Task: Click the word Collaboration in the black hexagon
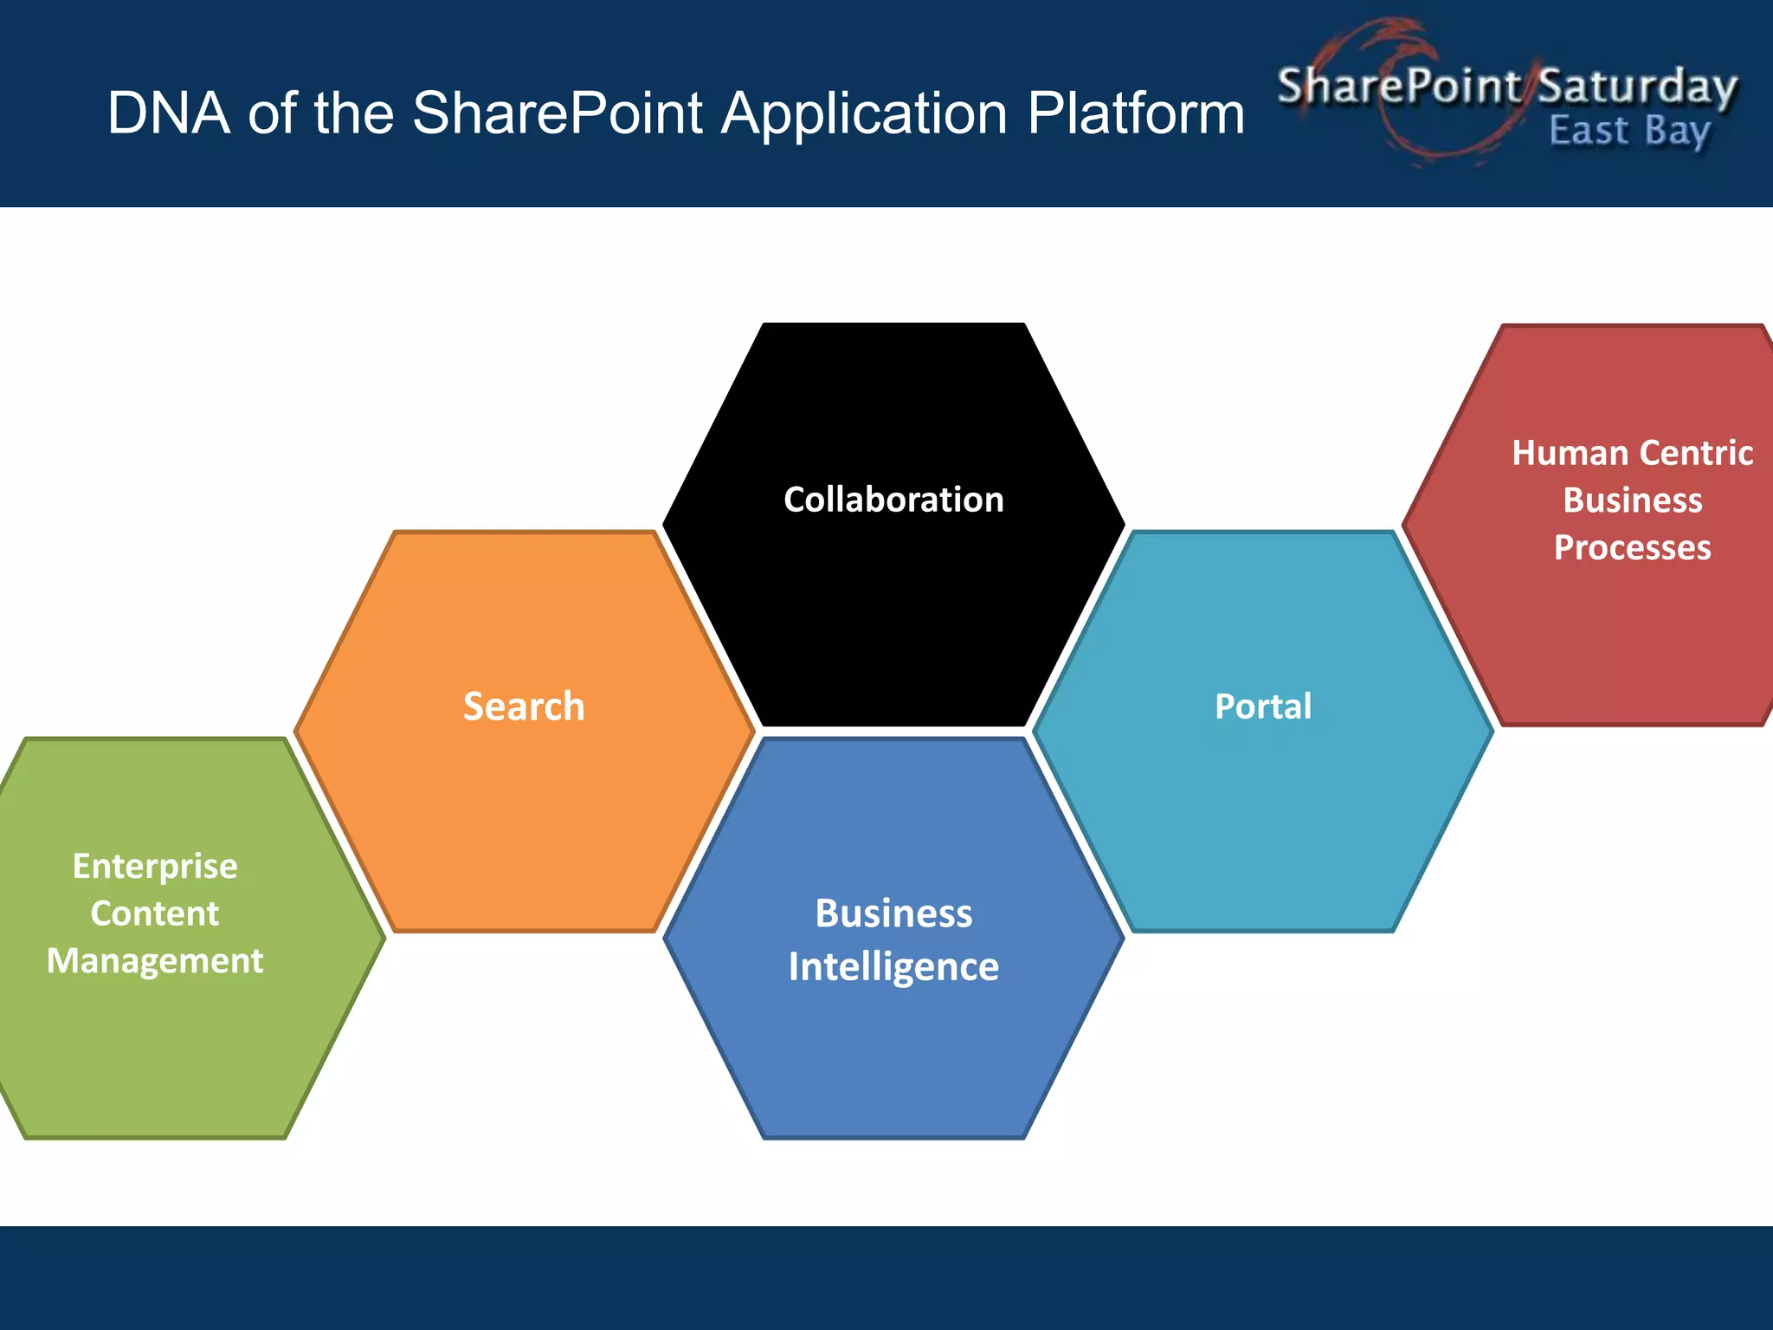[x=893, y=500]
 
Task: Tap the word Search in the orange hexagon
[x=524, y=707]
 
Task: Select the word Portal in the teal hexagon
[x=1263, y=707]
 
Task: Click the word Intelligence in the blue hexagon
[x=893, y=966]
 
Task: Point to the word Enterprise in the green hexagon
[x=155, y=866]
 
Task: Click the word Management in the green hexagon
[x=155, y=961]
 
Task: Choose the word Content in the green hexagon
[x=155, y=914]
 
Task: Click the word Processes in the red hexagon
[x=1632, y=548]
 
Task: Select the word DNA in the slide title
[x=169, y=113]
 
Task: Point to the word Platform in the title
[x=1136, y=113]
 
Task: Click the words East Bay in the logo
[x=1629, y=132]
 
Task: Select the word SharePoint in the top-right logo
[x=1399, y=86]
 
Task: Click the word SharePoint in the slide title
[x=558, y=113]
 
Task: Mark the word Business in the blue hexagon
[x=893, y=914]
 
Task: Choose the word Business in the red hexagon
[x=1632, y=500]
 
